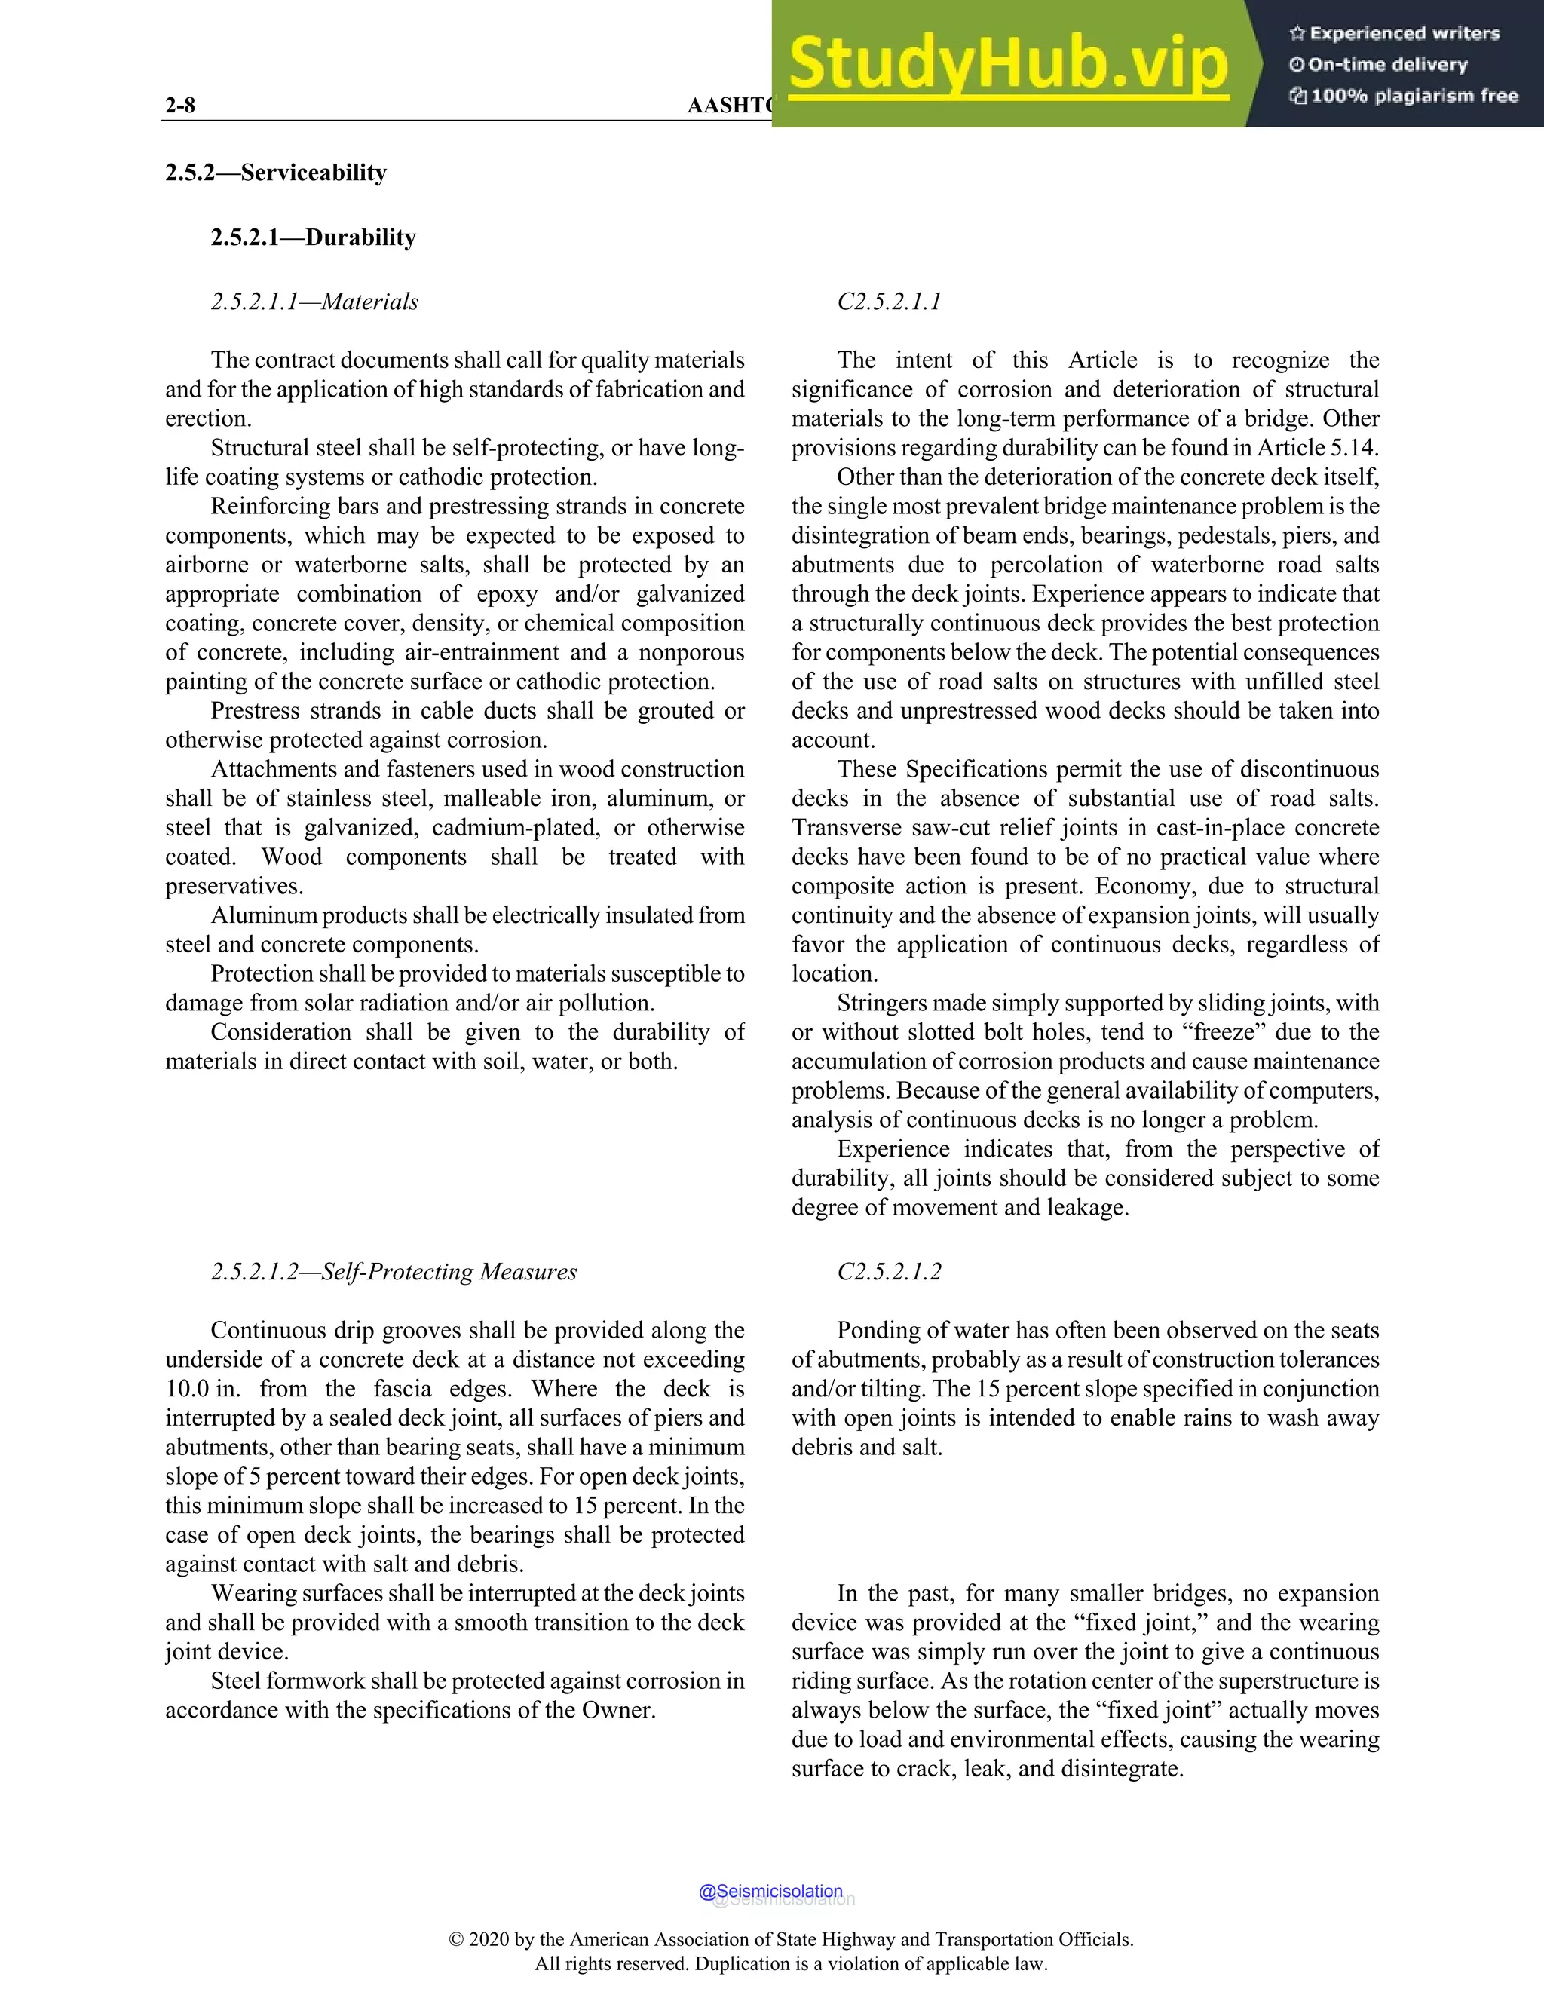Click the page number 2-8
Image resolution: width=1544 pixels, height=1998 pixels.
(x=180, y=106)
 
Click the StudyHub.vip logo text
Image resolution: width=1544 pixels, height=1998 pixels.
(x=1007, y=64)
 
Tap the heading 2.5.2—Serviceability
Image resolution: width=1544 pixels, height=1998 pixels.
(x=275, y=173)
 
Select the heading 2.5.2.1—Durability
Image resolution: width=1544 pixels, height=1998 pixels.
(x=313, y=237)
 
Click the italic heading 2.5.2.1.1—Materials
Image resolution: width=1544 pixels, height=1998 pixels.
(x=314, y=302)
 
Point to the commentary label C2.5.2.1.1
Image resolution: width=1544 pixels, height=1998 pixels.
(x=888, y=302)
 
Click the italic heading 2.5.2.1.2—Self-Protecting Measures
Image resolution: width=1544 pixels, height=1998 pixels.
(x=394, y=1272)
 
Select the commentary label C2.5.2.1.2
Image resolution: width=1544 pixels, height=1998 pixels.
(x=888, y=1272)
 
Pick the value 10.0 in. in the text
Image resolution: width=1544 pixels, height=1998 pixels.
(x=202, y=1389)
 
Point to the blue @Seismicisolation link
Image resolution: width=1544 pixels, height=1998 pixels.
(x=770, y=1892)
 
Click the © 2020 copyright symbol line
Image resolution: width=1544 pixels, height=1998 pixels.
(x=791, y=1939)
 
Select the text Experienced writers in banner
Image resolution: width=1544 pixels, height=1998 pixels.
(x=1404, y=34)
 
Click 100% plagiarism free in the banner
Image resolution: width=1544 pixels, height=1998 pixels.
(x=1414, y=96)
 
